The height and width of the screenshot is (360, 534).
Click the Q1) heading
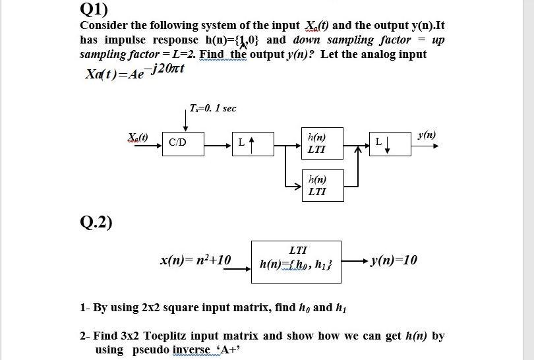point(94,9)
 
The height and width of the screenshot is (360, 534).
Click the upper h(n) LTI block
point(322,143)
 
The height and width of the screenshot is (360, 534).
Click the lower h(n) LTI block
point(322,184)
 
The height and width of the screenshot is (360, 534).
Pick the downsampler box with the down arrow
point(391,142)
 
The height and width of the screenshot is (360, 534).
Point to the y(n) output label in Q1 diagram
point(426,135)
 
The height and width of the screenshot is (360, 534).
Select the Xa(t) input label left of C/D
point(138,136)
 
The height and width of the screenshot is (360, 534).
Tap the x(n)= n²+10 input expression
point(196,260)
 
